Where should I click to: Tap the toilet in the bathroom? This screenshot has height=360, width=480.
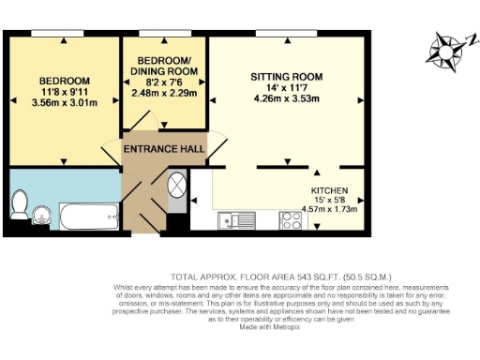tap(21, 202)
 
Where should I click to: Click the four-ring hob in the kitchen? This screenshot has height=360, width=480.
tap(290, 221)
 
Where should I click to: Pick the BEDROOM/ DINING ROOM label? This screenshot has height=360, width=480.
tap(164, 66)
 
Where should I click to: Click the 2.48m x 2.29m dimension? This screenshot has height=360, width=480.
tap(164, 94)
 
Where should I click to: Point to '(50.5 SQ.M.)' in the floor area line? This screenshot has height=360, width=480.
tap(316, 278)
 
